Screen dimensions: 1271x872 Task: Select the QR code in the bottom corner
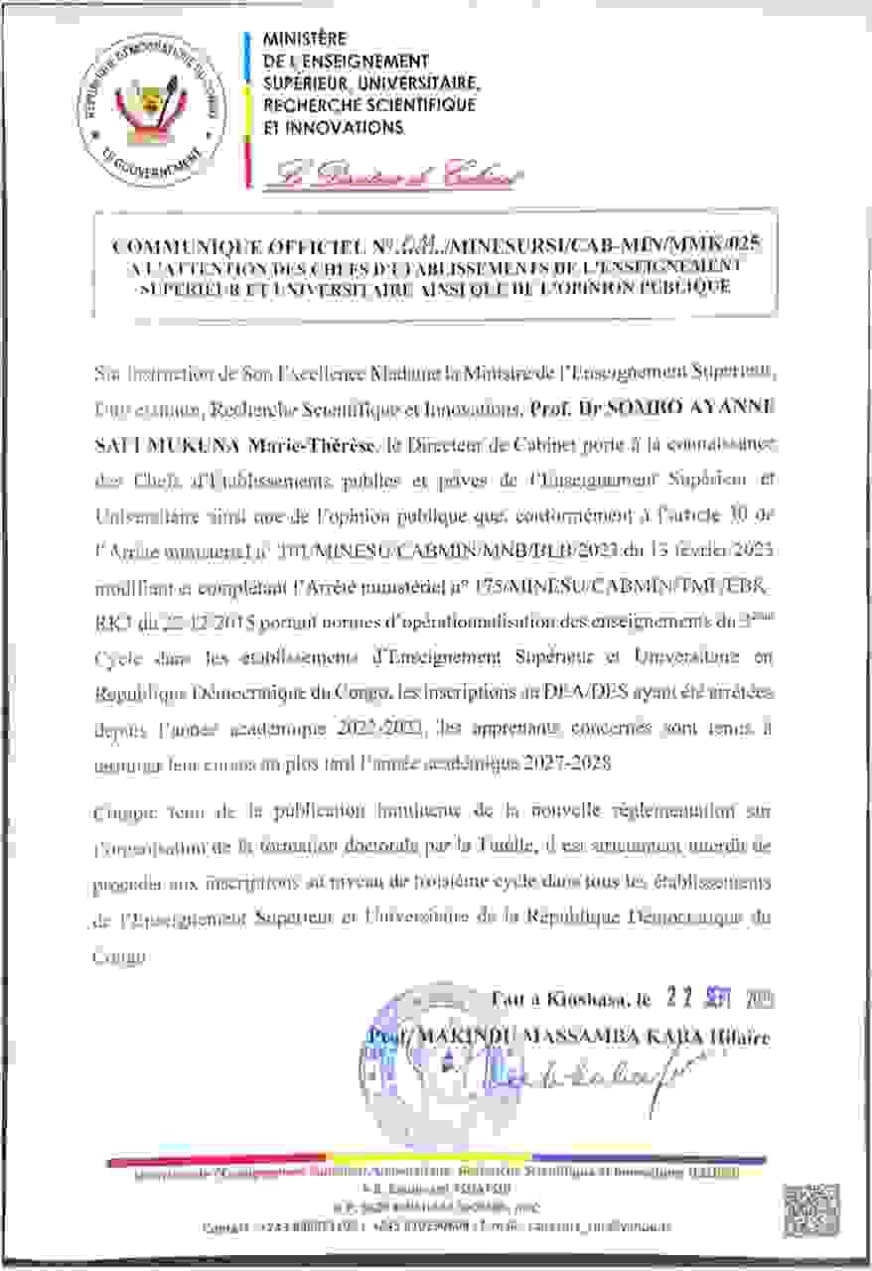coord(813,1212)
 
